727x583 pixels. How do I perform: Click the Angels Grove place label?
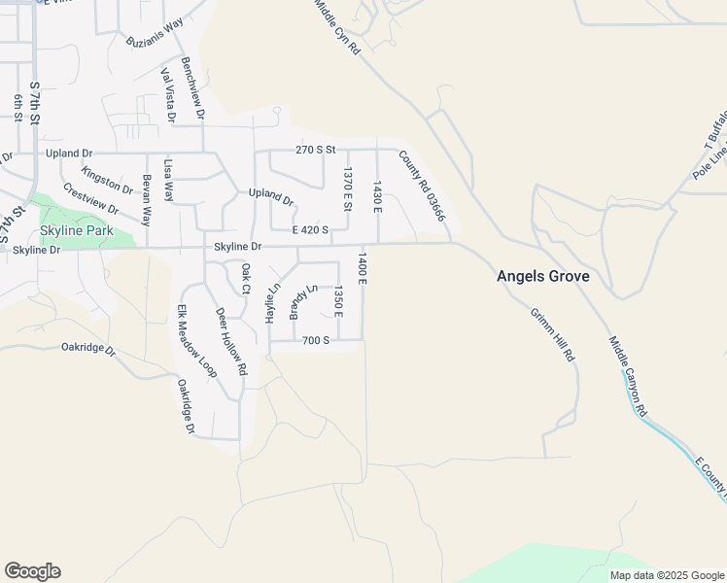(542, 276)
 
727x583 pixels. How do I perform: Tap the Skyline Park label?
(76, 231)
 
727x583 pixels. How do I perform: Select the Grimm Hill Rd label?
(553, 335)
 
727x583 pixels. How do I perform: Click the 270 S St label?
(315, 150)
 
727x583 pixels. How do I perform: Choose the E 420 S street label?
(310, 230)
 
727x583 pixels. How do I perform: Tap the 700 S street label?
(316, 340)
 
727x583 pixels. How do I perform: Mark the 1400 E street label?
(361, 268)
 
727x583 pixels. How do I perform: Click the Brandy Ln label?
(302, 301)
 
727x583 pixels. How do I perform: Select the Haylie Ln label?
(273, 303)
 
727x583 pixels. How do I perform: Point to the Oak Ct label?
(246, 278)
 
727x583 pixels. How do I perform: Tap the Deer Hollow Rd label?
(231, 342)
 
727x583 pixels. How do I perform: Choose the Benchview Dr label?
(193, 86)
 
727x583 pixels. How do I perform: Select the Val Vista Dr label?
(168, 95)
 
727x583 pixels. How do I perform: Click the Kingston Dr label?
(107, 179)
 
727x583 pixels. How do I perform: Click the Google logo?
(32, 571)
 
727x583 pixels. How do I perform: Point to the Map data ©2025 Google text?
(667, 575)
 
